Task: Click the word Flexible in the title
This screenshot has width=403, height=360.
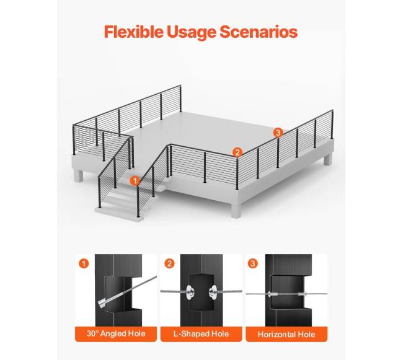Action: [134, 32]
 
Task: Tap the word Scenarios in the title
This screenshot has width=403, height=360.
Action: [259, 32]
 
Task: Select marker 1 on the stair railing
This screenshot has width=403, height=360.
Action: [135, 181]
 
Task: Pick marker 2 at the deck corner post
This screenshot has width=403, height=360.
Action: [237, 152]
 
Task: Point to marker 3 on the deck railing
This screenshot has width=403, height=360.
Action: [278, 133]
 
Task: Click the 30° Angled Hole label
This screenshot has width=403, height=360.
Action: [116, 334]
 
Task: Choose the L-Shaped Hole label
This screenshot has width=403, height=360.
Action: [201, 334]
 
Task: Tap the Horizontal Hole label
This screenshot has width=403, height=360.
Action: [286, 335]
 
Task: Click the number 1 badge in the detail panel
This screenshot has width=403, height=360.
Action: [84, 264]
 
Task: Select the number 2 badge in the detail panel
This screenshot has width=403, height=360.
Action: [169, 264]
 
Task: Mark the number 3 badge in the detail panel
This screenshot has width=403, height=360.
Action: [253, 264]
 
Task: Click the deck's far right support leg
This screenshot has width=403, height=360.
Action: [328, 159]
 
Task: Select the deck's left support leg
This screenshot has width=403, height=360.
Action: [78, 175]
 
